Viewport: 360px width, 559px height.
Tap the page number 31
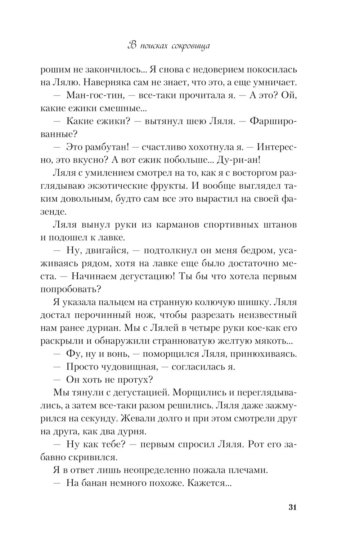[292, 507]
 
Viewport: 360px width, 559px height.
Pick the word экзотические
[134, 186]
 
